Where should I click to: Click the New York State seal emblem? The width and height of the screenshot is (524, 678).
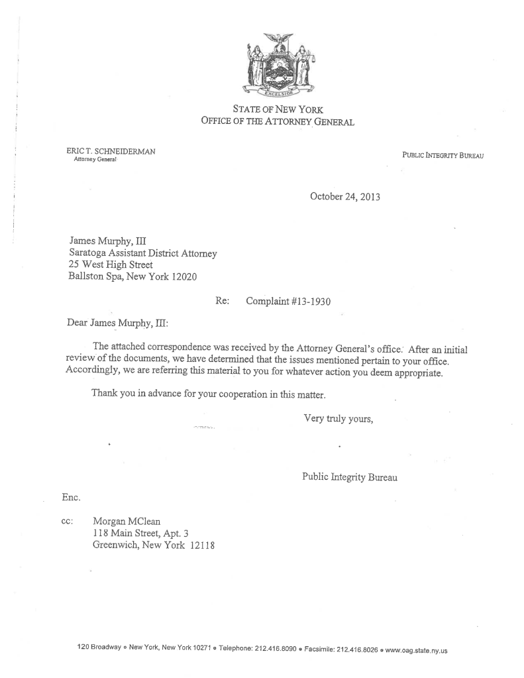(x=278, y=66)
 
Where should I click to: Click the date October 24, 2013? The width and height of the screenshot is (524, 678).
(x=344, y=196)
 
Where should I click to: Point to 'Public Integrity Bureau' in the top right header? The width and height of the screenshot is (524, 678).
(x=443, y=155)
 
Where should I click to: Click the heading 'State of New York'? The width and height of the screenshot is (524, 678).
(x=278, y=109)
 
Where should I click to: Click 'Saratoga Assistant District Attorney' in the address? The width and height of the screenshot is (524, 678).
(x=143, y=253)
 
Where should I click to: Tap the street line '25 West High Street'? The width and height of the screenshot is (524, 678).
(x=111, y=265)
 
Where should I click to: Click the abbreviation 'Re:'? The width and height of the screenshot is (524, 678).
(x=223, y=301)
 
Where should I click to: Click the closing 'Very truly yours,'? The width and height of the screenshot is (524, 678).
(x=339, y=418)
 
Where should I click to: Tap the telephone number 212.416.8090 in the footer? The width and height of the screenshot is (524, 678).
(x=276, y=650)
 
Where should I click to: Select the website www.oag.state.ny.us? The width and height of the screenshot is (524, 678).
(x=417, y=650)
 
